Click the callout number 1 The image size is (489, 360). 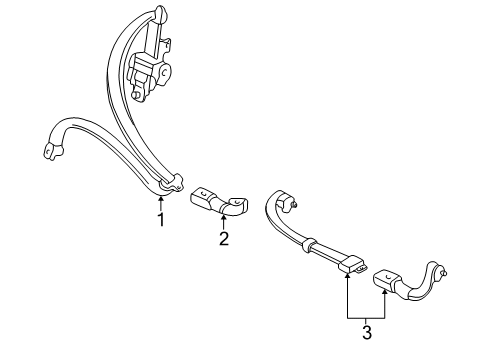point(161,219)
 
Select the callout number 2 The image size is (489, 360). point(224,239)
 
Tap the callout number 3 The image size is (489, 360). point(367,332)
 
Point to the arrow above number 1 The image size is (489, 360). point(161,204)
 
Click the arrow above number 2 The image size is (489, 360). point(223,223)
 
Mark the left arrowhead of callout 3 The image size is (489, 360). point(348,275)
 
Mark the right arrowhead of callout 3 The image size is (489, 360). point(385,292)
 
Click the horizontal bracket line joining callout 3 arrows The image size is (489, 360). point(366,318)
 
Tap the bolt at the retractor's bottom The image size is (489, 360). point(136,94)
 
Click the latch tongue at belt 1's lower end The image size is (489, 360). point(172,184)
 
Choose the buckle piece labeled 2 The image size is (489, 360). point(219,202)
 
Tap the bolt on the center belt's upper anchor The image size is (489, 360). point(294,206)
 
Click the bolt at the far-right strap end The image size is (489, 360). point(444,273)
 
